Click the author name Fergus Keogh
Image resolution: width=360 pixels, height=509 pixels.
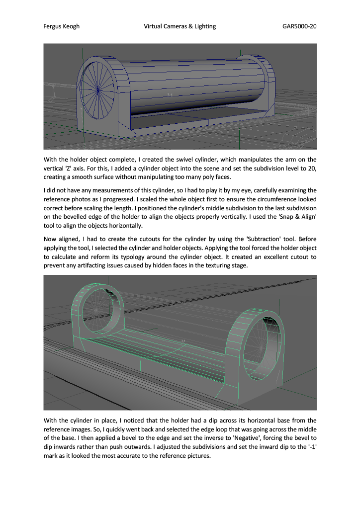point(62,26)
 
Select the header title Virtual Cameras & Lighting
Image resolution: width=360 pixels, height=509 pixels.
point(180,26)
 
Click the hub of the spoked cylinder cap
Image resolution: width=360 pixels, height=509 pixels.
point(98,90)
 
